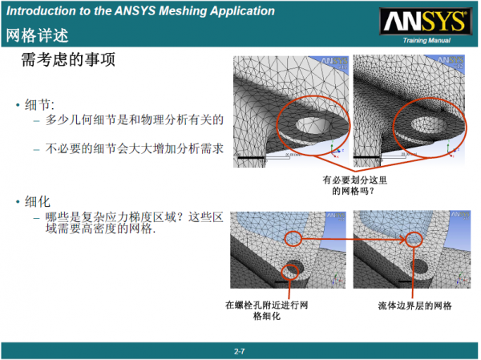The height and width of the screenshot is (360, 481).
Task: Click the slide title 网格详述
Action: [x=37, y=36]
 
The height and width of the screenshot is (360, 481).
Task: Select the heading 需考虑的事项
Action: [x=72, y=62]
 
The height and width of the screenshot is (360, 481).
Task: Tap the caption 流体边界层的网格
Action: [x=414, y=305]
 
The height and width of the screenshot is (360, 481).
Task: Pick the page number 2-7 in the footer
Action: [x=239, y=351]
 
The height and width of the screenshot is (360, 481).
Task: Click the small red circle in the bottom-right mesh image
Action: [x=413, y=238]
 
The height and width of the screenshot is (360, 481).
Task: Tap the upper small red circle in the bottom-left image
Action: [x=295, y=238]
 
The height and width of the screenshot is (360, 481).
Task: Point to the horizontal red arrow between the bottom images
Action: [x=353, y=238]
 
